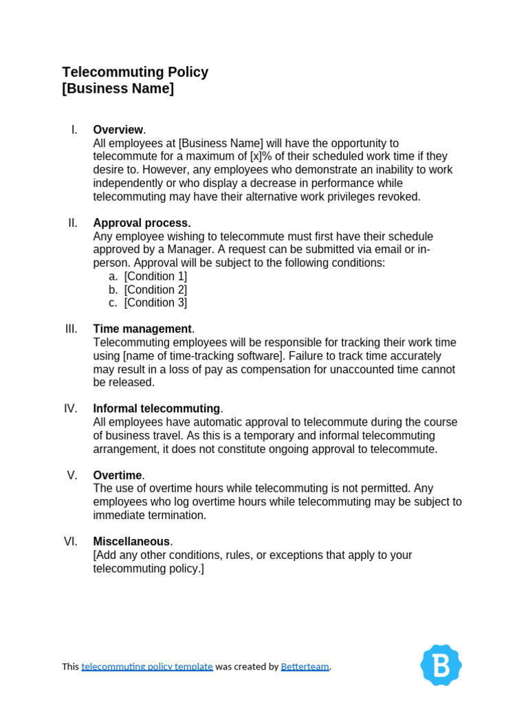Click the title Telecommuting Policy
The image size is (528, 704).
[135, 72]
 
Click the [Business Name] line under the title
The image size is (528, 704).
[118, 89]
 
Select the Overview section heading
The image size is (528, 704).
[118, 130]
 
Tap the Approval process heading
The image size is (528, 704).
[142, 223]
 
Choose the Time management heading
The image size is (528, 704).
[142, 329]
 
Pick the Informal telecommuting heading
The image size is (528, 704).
[157, 408]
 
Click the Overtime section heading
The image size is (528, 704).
[118, 475]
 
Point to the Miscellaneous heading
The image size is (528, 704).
[131, 542]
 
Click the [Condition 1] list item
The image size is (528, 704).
[155, 276]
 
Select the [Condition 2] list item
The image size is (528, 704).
[155, 289]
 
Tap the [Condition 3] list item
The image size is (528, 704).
[155, 302]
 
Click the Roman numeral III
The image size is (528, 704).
[71, 329]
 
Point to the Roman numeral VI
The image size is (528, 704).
[71, 542]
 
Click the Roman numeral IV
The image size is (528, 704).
[71, 408]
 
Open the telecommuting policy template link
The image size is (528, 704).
[147, 666]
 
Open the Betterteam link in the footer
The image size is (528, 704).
[305, 666]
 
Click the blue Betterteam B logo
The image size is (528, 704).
[441, 665]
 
